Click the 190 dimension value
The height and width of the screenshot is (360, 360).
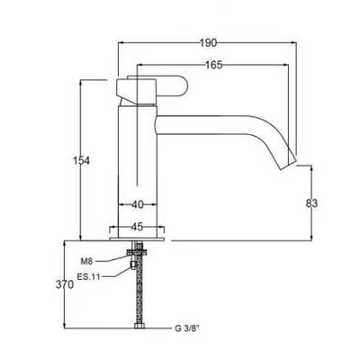[x=208, y=43]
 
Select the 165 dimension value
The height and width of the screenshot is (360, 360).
[x=213, y=65]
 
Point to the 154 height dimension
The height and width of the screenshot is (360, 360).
[x=81, y=160]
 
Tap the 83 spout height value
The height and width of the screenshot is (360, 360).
[x=311, y=203]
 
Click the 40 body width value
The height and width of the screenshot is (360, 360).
[x=138, y=204]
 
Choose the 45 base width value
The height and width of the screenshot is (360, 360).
[x=137, y=227]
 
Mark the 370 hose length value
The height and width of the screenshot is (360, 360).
[x=65, y=284]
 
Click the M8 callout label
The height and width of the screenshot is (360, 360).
[x=86, y=262]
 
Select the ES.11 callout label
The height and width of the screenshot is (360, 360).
[x=88, y=277]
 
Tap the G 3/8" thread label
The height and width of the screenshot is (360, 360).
[x=187, y=328]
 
